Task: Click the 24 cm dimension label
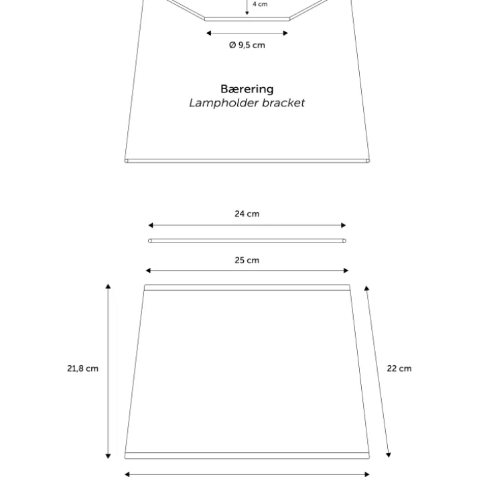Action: tap(247, 214)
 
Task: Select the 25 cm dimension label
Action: tap(247, 261)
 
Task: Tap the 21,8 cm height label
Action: tap(83, 368)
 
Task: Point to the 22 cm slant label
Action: tap(399, 368)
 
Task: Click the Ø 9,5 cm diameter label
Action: tap(247, 45)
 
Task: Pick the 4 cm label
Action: tap(260, 4)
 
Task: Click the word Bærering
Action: tap(247, 89)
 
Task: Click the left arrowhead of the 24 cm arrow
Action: tap(150, 225)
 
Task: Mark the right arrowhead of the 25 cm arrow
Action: tap(346, 271)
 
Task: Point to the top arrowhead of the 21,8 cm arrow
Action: tap(108, 286)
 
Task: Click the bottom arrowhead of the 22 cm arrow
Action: tap(389, 455)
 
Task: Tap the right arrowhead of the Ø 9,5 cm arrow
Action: tap(285, 33)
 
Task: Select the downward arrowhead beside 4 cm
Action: tap(247, 13)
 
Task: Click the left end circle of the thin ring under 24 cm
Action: tap(149, 241)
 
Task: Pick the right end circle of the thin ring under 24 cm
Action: tap(344, 241)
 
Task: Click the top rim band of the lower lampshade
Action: tap(247, 287)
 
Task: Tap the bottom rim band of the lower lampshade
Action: tap(247, 456)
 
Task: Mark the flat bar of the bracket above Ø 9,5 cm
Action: tap(247, 19)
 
